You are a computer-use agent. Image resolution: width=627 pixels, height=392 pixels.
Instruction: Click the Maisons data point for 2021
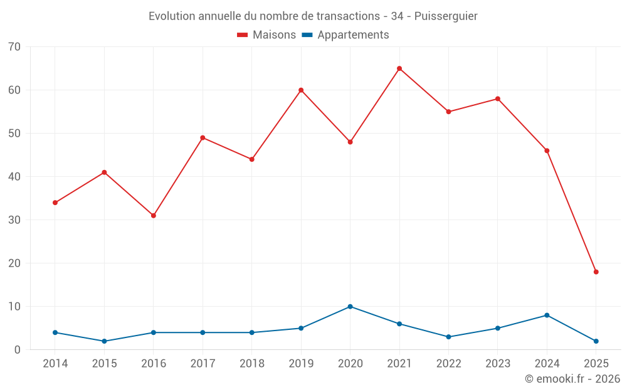pyautogui.click(x=399, y=68)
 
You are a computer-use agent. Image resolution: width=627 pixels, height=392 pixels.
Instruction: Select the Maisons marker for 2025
pyautogui.click(x=596, y=272)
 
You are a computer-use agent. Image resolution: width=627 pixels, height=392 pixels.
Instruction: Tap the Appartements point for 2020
pyautogui.click(x=350, y=307)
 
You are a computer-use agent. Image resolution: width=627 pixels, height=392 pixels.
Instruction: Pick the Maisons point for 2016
pyautogui.click(x=154, y=216)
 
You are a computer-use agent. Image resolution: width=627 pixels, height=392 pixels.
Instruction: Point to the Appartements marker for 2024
pyautogui.click(x=547, y=315)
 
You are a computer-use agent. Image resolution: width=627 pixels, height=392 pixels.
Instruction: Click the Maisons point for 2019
pyautogui.click(x=301, y=90)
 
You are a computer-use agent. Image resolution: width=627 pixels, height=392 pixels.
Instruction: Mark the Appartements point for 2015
pyautogui.click(x=104, y=341)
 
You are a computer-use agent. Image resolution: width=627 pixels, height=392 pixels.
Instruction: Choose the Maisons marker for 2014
pyautogui.click(x=55, y=203)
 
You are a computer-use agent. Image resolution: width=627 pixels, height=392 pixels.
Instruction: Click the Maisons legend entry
pyautogui.click(x=266, y=35)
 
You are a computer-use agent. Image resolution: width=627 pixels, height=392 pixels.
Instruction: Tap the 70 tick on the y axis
pyautogui.click(x=14, y=46)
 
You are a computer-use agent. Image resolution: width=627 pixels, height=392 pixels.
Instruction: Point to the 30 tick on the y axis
pyautogui.click(x=14, y=220)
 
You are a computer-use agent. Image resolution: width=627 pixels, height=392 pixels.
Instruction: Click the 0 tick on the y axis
pyautogui.click(x=17, y=349)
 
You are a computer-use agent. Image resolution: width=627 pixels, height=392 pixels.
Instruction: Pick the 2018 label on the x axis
pyautogui.click(x=251, y=363)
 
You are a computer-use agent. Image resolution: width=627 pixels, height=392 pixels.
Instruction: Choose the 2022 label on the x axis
pyautogui.click(x=448, y=363)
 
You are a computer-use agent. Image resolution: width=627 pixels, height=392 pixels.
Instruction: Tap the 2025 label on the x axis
pyautogui.click(x=596, y=363)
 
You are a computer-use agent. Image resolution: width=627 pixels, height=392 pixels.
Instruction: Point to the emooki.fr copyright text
pyautogui.click(x=572, y=379)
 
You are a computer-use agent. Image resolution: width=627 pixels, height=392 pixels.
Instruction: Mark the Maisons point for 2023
pyautogui.click(x=498, y=99)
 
